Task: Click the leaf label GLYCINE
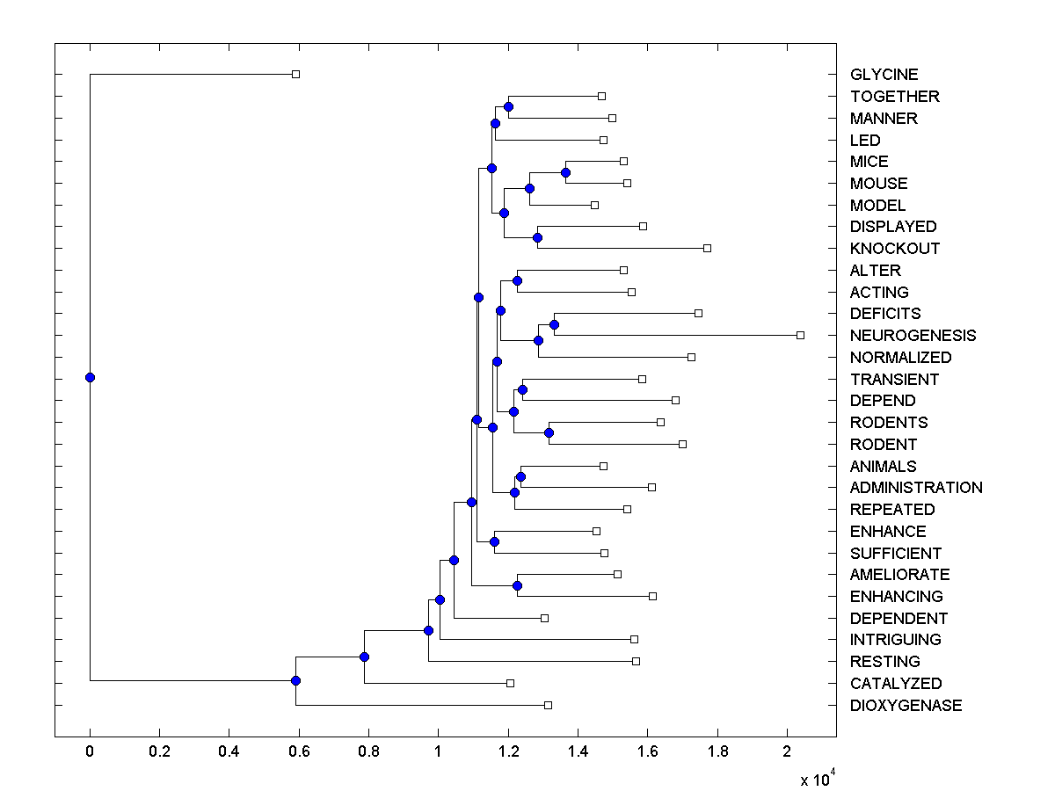click(x=884, y=75)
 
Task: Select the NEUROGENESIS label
click(x=913, y=336)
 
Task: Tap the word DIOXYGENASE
click(x=906, y=706)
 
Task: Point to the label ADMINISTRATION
click(x=916, y=488)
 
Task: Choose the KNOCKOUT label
click(x=895, y=249)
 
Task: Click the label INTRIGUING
click(x=895, y=640)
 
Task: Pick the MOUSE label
click(x=878, y=184)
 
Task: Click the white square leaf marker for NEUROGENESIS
click(x=800, y=335)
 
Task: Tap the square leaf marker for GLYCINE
click(x=295, y=74)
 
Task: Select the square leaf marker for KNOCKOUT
click(x=707, y=248)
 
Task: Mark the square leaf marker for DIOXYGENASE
click(x=548, y=705)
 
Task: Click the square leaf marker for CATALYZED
click(x=510, y=683)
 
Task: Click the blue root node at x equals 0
click(x=90, y=377)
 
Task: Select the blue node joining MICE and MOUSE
click(x=566, y=172)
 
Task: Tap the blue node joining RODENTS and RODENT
click(x=549, y=432)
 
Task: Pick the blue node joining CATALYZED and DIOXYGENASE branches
click(x=295, y=680)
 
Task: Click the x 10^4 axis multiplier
click(x=815, y=779)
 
